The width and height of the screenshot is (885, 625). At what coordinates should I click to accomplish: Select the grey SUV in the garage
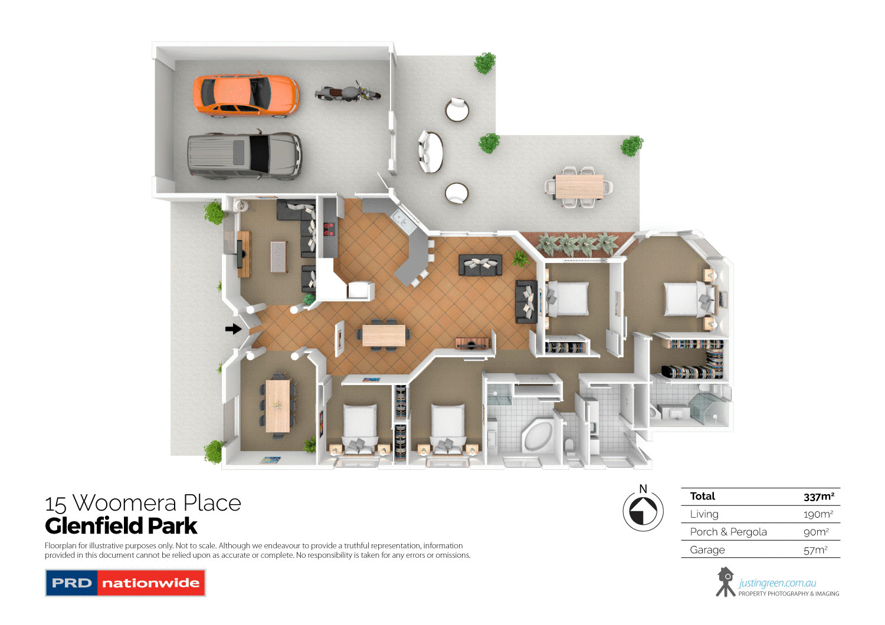[x=244, y=154]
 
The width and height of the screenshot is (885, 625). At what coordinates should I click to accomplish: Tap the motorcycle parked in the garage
[x=347, y=93]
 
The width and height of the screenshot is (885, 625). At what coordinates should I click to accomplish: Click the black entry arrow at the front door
[x=234, y=328]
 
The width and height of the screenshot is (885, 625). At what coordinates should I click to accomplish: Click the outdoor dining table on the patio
[x=579, y=186]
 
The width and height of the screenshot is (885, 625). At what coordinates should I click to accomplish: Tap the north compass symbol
[x=643, y=510]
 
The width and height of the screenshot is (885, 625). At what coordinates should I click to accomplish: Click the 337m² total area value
[x=818, y=496]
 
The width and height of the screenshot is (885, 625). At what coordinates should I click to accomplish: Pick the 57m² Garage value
[x=815, y=550]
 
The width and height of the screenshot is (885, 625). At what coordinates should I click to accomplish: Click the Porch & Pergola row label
[x=728, y=532]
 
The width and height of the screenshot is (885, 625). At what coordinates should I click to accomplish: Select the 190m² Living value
[x=818, y=514]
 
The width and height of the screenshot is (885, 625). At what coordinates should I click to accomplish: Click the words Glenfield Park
[x=121, y=526]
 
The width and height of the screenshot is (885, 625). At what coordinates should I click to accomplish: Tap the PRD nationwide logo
[x=125, y=583]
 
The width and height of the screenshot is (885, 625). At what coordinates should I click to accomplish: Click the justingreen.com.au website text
[x=777, y=583]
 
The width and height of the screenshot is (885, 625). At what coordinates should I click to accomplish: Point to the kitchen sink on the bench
[x=401, y=219]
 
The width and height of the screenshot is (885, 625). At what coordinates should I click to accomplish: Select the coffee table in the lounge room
[x=278, y=256]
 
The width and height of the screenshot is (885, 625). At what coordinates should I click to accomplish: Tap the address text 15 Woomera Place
[x=143, y=504]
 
